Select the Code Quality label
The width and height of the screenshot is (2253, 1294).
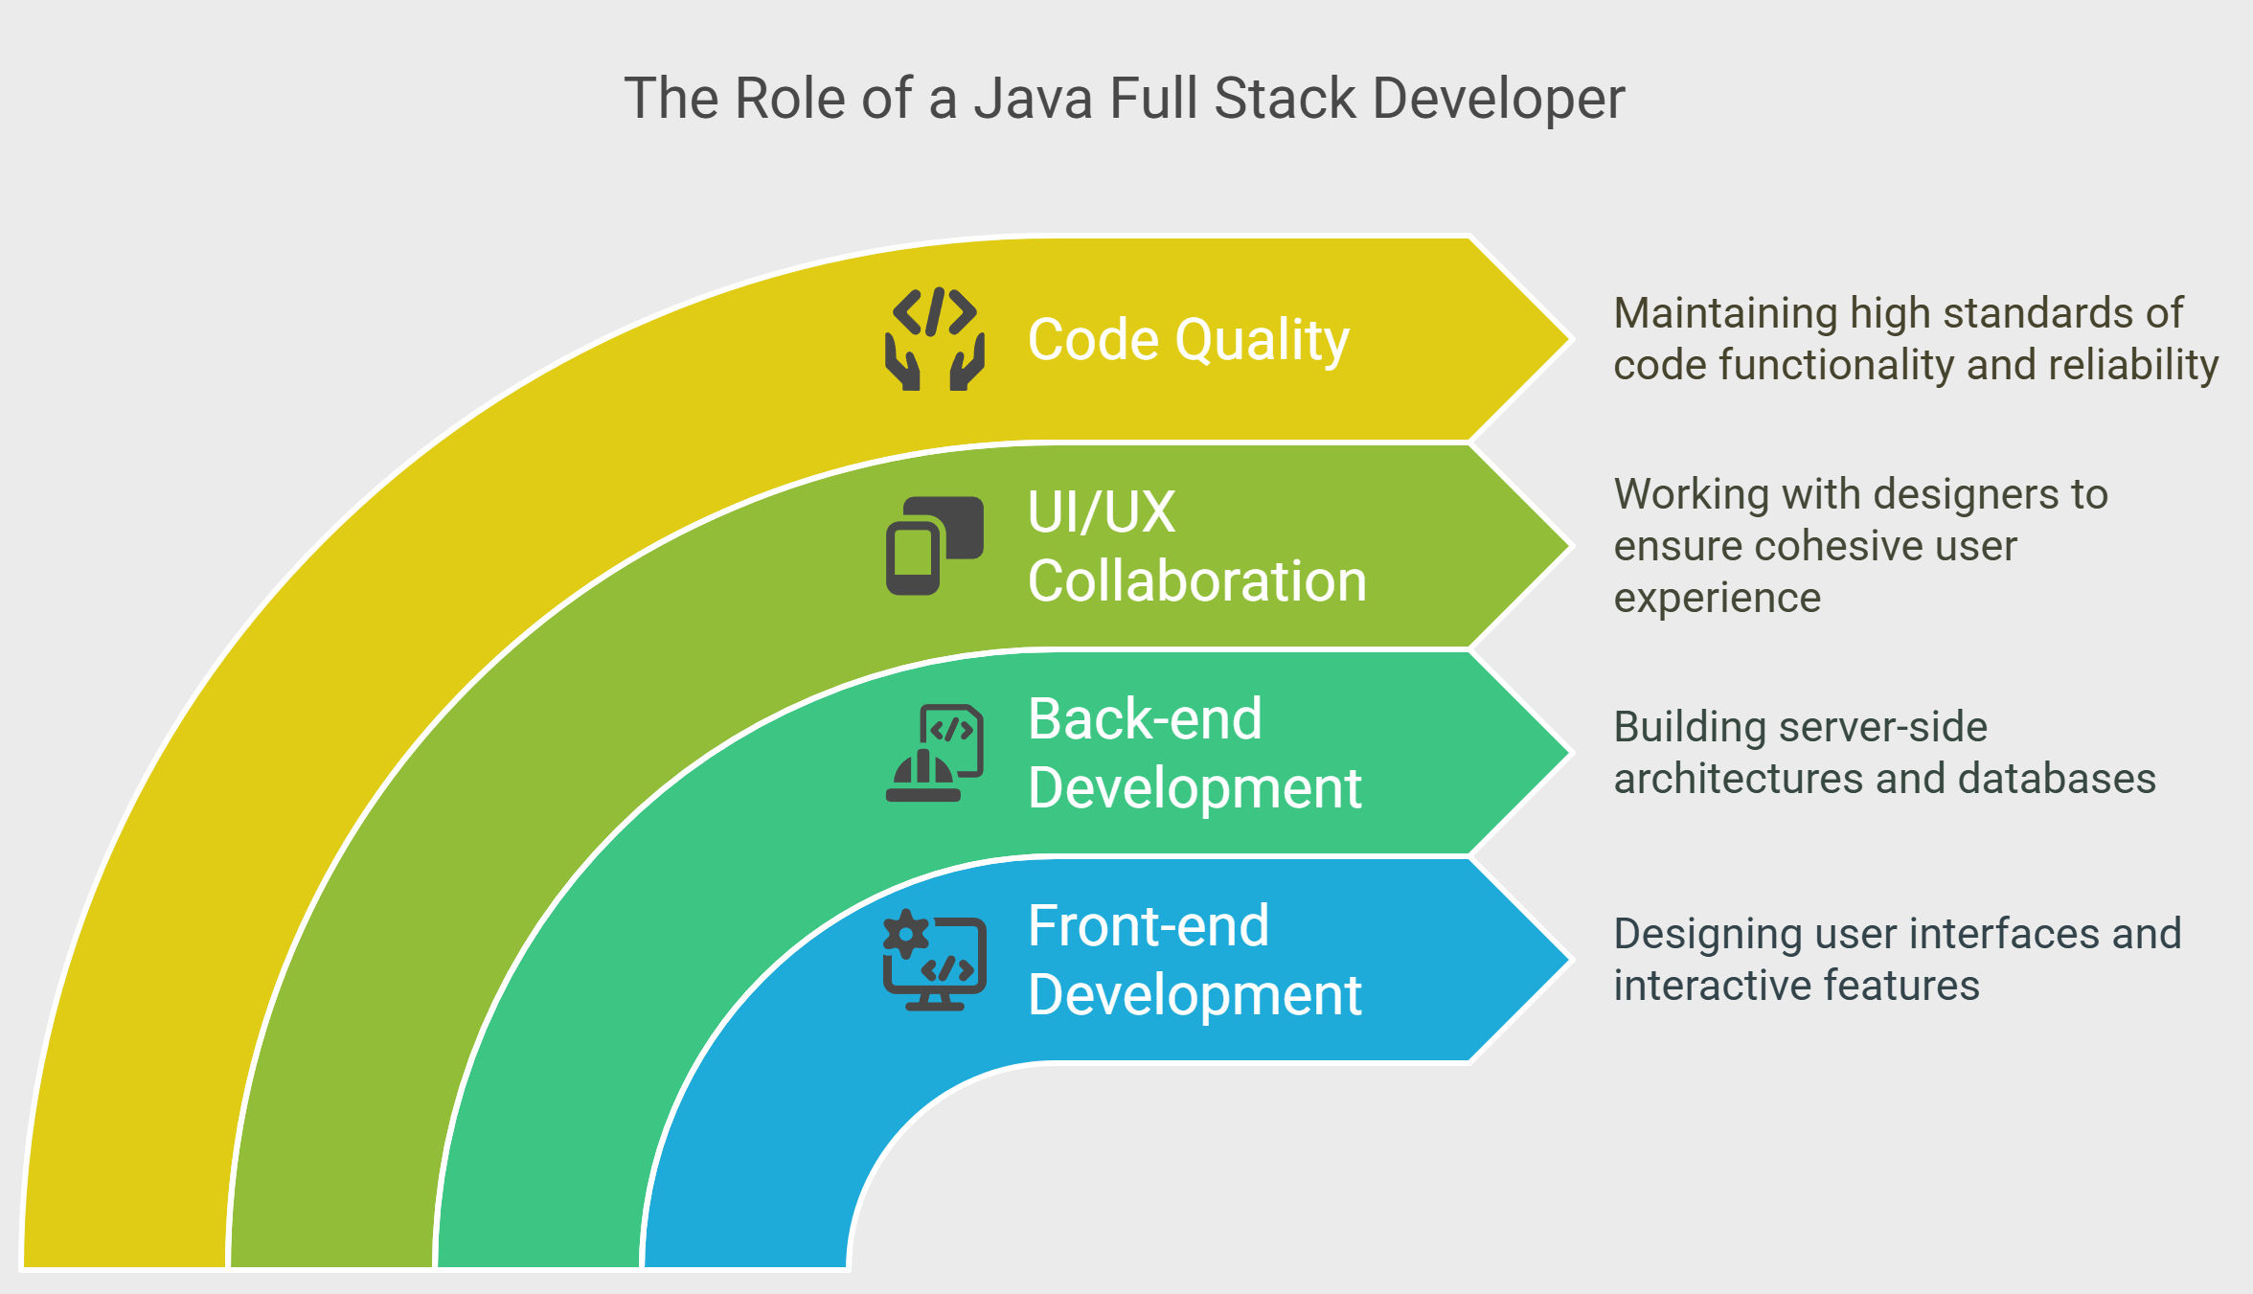point(1188,340)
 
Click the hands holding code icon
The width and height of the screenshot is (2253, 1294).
point(935,339)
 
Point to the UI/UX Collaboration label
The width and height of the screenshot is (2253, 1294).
point(1196,546)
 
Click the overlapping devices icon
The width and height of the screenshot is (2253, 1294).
point(935,546)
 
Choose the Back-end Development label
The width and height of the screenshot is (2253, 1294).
point(1194,753)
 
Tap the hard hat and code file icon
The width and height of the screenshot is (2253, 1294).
point(935,753)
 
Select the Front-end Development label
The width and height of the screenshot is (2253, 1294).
point(1194,960)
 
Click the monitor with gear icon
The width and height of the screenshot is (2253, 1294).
point(935,960)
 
